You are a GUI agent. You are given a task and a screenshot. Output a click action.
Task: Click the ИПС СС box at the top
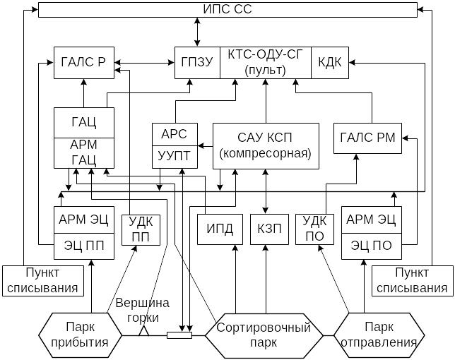click(227, 10)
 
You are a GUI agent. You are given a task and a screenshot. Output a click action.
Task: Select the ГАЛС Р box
click(84, 63)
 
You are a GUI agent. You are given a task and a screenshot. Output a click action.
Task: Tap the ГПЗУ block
click(197, 63)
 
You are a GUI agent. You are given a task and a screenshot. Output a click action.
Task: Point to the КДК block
click(330, 63)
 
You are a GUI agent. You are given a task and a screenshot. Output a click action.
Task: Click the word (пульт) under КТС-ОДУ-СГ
click(265, 70)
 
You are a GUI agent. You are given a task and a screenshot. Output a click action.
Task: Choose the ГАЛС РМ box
click(367, 138)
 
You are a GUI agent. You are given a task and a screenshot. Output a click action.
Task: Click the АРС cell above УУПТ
click(175, 135)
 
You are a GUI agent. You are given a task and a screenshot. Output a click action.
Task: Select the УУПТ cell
click(175, 157)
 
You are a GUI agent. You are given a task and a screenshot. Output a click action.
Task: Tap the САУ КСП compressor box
click(266, 146)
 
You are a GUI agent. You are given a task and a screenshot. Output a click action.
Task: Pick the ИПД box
click(220, 229)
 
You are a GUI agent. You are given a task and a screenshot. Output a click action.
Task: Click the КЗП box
click(270, 229)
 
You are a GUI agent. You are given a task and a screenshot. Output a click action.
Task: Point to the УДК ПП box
click(141, 230)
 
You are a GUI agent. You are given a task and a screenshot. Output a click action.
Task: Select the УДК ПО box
click(314, 229)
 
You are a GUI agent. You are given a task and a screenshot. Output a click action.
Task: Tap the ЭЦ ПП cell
click(84, 246)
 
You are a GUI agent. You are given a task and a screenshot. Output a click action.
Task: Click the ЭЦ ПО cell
click(372, 246)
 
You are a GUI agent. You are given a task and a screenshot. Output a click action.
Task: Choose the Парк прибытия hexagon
click(81, 335)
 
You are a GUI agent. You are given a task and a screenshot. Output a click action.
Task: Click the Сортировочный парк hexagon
click(264, 336)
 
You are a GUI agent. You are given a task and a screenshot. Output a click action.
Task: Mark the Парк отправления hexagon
click(379, 335)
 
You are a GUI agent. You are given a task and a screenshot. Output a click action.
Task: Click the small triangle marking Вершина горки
click(143, 331)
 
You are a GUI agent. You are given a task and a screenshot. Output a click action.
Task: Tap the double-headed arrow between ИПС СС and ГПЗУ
click(197, 32)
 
